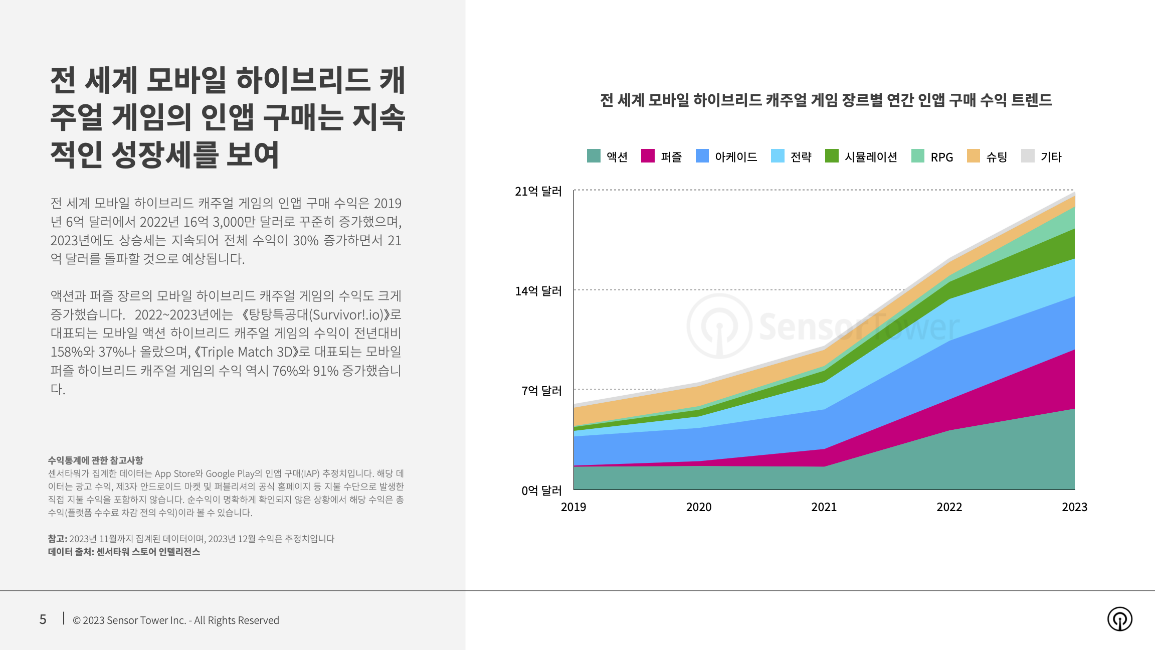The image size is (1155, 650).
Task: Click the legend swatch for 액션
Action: pos(594,156)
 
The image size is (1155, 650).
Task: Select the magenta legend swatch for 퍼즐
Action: pos(648,156)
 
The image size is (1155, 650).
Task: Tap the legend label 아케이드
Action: pos(736,157)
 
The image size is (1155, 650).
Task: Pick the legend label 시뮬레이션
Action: pos(871,157)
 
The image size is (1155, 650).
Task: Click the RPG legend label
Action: pos(941,157)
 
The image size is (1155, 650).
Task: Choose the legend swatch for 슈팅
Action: pos(973,156)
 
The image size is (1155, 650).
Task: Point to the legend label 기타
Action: pos(1051,157)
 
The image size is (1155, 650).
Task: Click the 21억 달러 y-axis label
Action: pos(538,191)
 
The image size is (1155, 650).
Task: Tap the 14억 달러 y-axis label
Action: pos(538,291)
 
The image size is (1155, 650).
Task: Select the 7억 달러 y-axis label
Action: pos(541,391)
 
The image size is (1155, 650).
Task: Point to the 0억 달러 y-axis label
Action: pos(541,491)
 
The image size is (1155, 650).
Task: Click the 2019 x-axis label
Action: pos(573,507)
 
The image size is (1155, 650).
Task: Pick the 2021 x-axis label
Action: pos(824,507)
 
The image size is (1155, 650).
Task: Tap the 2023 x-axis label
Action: pos(1074,507)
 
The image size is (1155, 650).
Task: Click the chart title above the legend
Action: pos(826,100)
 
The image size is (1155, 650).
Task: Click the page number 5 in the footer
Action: pos(43,620)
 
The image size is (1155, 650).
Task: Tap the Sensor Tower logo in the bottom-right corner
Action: pos(1119,619)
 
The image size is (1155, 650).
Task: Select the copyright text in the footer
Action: pos(176,620)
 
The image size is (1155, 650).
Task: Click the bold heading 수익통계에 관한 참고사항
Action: pos(95,460)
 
